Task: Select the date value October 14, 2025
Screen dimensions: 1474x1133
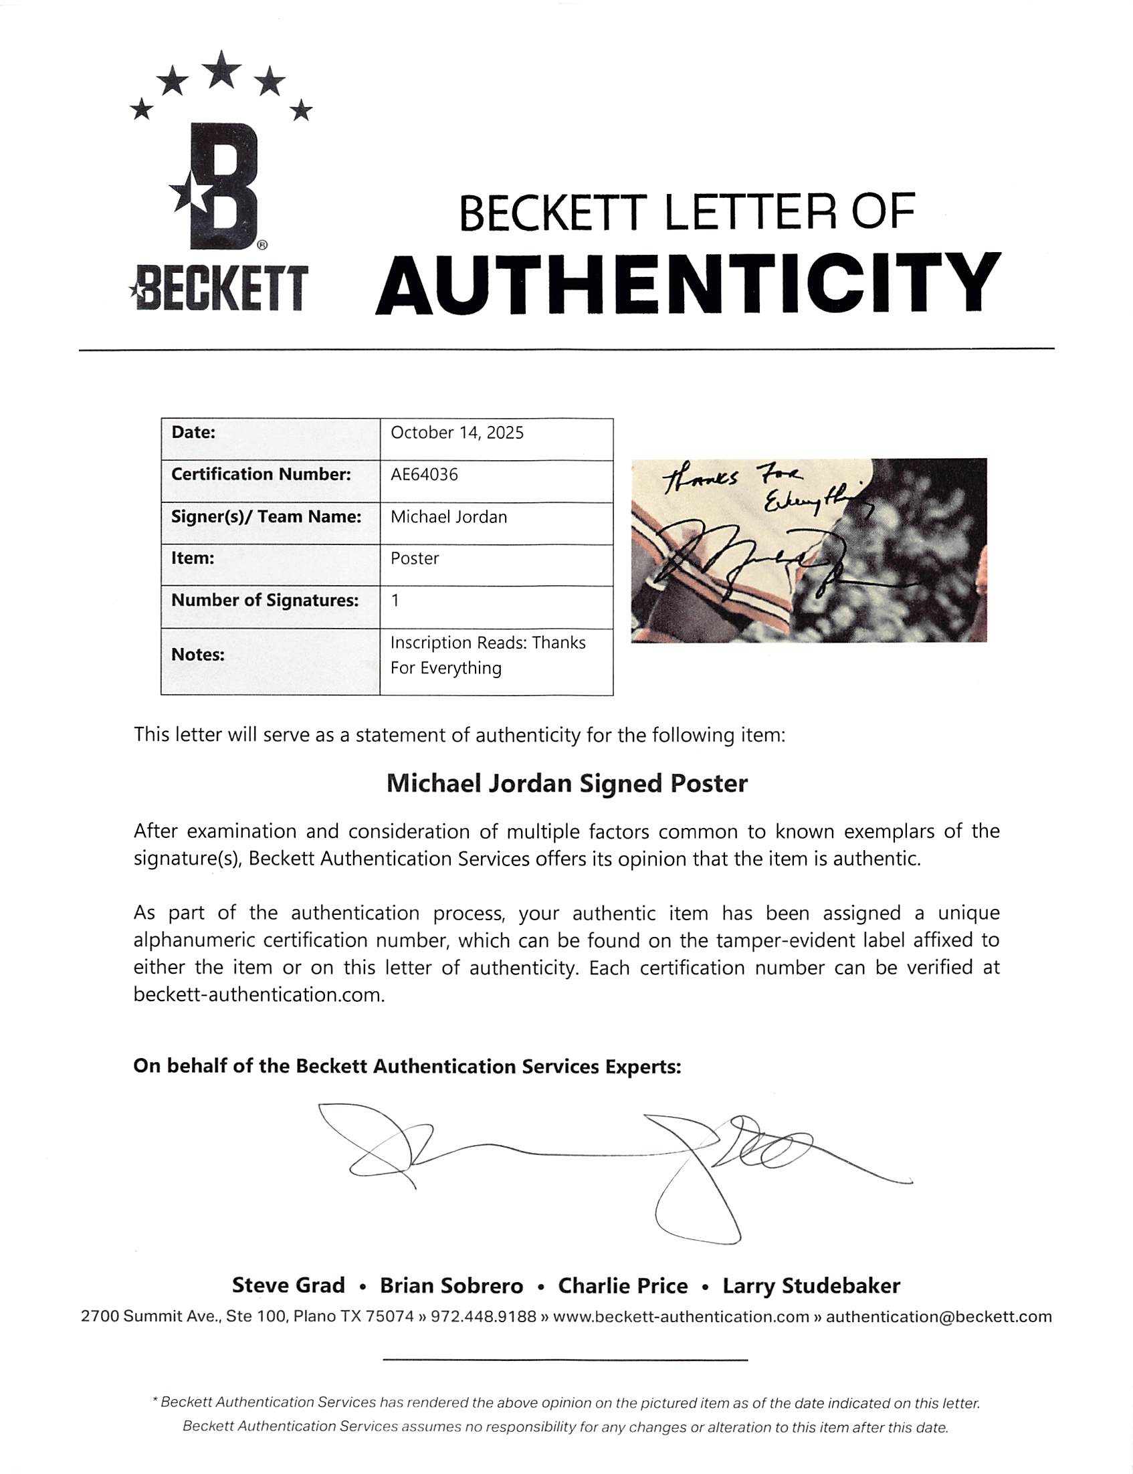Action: [x=457, y=433]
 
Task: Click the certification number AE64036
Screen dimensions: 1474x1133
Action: [x=424, y=475]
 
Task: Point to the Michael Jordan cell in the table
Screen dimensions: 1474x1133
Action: [x=449, y=517]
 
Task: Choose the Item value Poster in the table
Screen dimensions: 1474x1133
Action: [x=415, y=558]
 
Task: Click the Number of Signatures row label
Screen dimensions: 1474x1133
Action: [x=264, y=600]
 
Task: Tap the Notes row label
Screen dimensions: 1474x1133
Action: [x=197, y=654]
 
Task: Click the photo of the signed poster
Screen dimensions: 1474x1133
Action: [x=809, y=550]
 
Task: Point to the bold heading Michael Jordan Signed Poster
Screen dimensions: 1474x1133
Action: [x=566, y=784]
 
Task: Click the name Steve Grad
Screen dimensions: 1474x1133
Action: [x=288, y=1285]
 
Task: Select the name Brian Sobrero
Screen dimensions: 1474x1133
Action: [x=451, y=1285]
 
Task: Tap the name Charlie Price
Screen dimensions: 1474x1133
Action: [x=623, y=1285]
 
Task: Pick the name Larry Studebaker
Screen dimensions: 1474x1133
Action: [x=811, y=1285]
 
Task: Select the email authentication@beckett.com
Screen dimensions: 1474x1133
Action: [x=939, y=1316]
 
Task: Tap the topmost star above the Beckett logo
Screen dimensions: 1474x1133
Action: [x=221, y=70]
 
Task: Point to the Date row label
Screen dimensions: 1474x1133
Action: [x=193, y=433]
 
